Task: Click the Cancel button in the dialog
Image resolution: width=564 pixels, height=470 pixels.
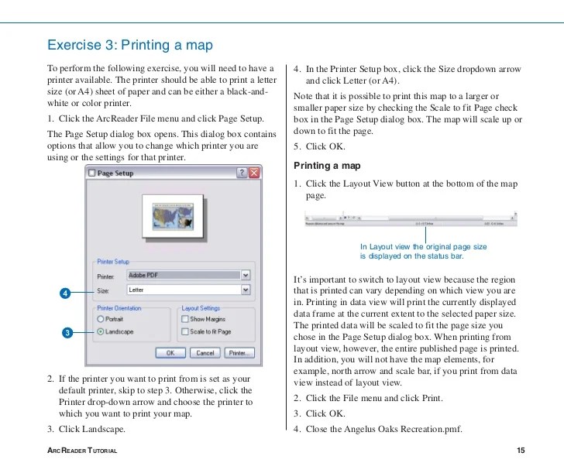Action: coord(205,352)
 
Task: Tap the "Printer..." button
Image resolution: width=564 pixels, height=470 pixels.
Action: coord(239,352)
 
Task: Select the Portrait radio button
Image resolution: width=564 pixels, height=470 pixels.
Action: coord(101,318)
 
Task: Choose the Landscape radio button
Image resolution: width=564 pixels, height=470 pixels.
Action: coord(101,331)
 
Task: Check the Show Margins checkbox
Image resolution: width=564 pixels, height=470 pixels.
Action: coord(184,318)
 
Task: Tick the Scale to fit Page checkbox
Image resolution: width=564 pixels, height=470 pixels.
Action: coord(184,331)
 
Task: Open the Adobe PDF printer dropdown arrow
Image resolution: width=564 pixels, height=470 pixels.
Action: coord(246,275)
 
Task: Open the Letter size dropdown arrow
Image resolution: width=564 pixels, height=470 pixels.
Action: coord(246,290)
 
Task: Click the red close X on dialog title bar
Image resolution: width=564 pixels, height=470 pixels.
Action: coord(253,173)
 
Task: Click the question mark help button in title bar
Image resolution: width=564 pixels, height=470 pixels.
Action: coord(241,173)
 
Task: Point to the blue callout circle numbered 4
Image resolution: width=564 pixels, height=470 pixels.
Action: coord(66,293)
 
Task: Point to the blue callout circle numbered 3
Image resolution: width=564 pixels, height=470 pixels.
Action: coord(66,332)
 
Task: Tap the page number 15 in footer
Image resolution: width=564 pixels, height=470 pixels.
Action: coord(520,451)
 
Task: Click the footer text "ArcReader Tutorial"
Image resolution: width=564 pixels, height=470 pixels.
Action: coord(82,451)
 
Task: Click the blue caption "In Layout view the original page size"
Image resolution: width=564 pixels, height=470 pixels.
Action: coord(423,245)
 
